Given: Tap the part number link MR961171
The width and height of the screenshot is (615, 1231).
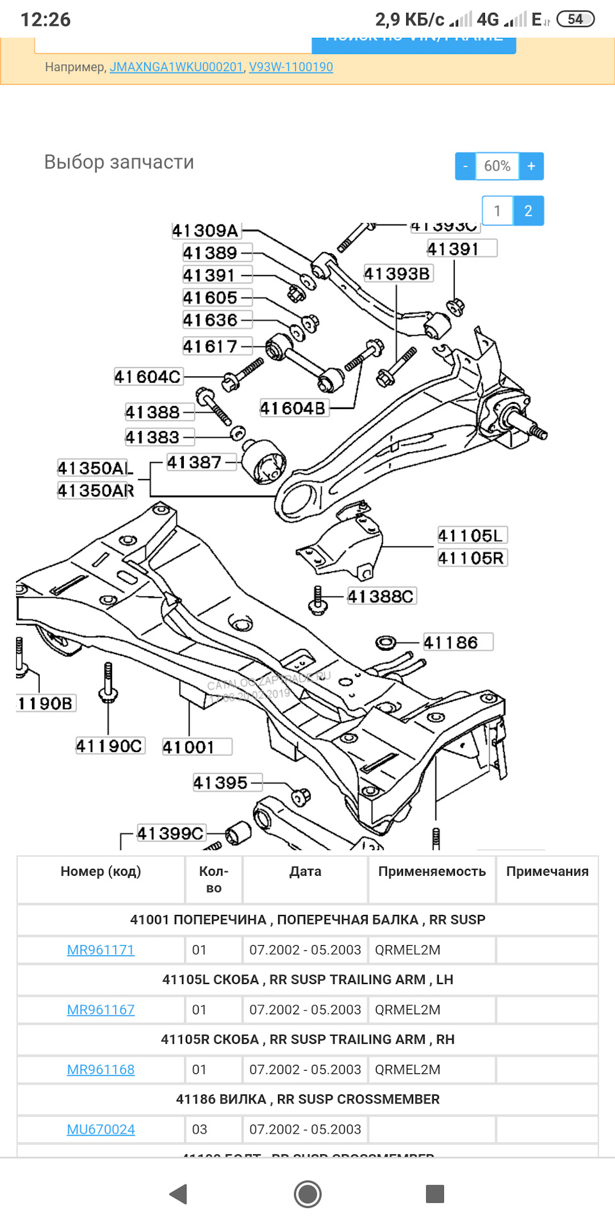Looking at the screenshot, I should (x=101, y=950).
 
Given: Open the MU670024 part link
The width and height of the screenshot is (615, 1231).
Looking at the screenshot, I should (x=101, y=1129).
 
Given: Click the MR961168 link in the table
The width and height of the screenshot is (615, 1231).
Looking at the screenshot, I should (x=101, y=1069).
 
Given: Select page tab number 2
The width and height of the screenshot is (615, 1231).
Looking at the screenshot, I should (x=528, y=211).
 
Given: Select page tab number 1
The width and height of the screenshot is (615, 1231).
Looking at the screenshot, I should (x=497, y=211).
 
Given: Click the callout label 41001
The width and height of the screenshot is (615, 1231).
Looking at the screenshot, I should (x=189, y=747).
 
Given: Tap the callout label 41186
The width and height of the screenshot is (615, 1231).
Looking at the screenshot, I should (x=451, y=642).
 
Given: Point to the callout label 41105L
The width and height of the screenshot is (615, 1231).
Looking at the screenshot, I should (x=471, y=536).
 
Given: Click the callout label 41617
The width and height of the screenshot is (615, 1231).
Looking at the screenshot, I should (x=210, y=347).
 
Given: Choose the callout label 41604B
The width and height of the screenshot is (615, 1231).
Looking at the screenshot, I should (x=293, y=408).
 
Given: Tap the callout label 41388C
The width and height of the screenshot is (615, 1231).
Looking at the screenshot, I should (x=381, y=597).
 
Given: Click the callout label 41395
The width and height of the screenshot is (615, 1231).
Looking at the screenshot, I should (x=220, y=783).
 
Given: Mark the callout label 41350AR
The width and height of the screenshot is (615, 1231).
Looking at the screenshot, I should (x=96, y=491).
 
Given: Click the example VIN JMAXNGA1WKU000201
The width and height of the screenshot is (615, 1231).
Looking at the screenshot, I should (x=176, y=67).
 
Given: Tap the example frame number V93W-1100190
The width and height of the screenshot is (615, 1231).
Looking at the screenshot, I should (x=291, y=67).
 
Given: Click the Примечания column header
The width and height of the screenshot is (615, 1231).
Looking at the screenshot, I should (x=547, y=871).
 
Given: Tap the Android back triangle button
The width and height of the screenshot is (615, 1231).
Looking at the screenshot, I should (x=178, y=1194).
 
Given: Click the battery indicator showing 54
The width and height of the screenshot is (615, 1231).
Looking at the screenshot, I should (x=575, y=19).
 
